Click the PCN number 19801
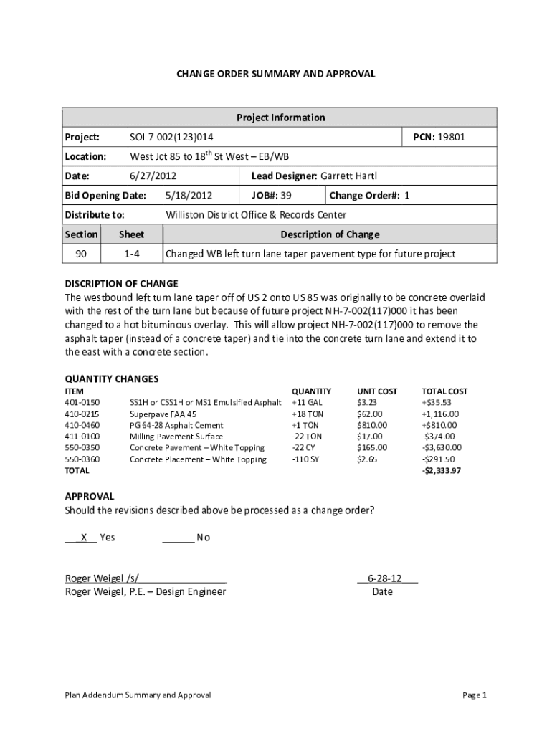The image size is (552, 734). (x=452, y=137)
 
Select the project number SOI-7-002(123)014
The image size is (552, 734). (x=171, y=137)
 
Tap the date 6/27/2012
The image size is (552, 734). (x=153, y=176)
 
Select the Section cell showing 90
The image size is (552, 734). (x=81, y=254)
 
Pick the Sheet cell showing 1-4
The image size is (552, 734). (x=131, y=254)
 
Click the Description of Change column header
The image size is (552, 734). (x=330, y=234)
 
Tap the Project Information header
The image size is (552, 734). (x=280, y=118)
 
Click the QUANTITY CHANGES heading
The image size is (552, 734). (x=112, y=378)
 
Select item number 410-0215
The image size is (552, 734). (x=82, y=414)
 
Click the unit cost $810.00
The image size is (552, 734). (x=372, y=425)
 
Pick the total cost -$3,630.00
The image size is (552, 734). (x=441, y=448)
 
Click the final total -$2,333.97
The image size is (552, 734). (x=442, y=471)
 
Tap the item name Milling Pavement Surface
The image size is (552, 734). (x=176, y=437)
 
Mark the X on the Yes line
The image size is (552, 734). (x=85, y=538)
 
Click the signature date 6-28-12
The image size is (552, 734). (x=384, y=578)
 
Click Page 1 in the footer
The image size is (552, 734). (x=475, y=695)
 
